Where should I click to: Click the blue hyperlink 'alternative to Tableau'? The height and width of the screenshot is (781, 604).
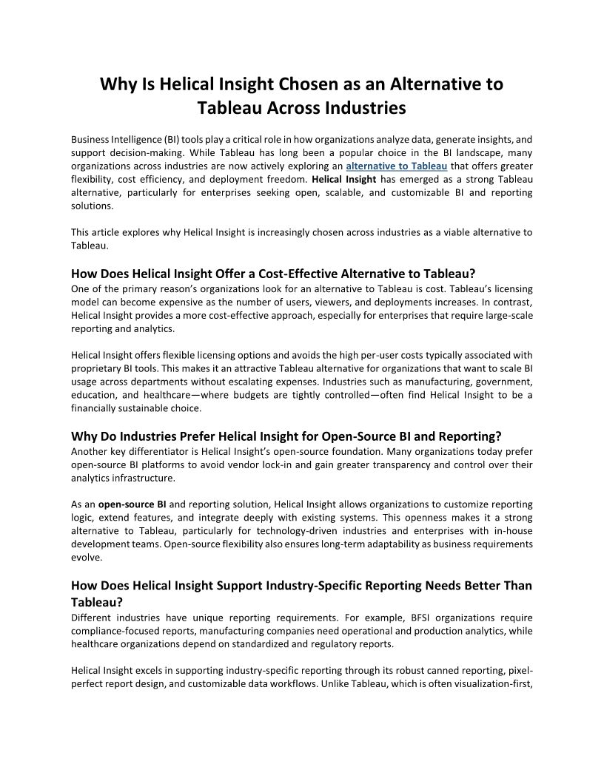(x=396, y=166)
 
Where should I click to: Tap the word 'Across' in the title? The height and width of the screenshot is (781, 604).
(x=291, y=108)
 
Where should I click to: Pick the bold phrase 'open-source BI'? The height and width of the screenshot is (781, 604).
(x=132, y=504)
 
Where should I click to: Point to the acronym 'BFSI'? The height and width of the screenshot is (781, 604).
(x=416, y=617)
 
